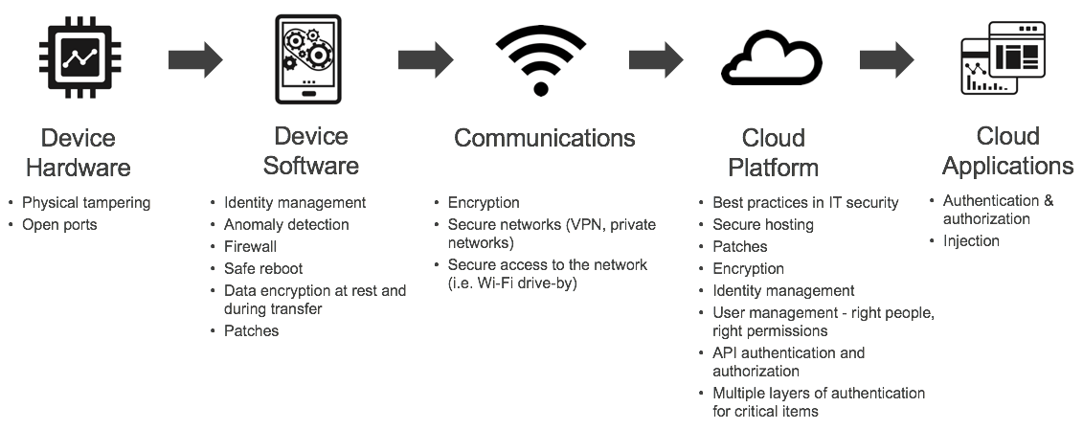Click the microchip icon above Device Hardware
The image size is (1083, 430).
78,60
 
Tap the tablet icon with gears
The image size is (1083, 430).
308,60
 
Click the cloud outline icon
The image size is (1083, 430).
772,60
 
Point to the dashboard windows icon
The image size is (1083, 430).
1002,59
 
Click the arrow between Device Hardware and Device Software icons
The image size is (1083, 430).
194,60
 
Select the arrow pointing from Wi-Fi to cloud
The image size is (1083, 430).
655,60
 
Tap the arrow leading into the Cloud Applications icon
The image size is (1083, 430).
886,60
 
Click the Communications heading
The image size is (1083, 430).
544,138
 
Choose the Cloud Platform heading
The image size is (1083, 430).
773,152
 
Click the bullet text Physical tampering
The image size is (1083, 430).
86,203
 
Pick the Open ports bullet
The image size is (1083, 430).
59,225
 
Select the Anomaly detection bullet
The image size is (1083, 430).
286,225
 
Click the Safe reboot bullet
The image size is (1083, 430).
263,269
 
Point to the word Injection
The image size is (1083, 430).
971,241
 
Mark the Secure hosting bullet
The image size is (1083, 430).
763,225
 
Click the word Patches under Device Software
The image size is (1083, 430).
252,331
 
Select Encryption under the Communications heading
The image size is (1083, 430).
484,203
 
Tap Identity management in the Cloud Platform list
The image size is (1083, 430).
783,291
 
